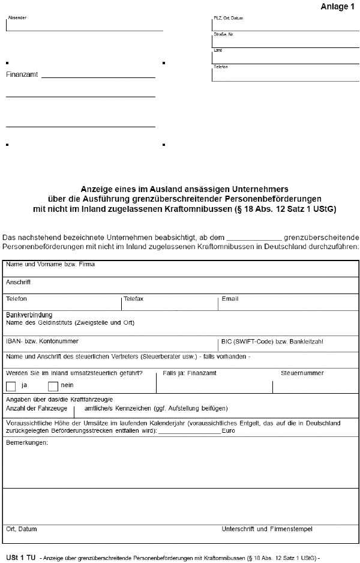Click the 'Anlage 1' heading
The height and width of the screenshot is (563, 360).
click(338, 6)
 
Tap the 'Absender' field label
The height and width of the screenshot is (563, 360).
click(17, 18)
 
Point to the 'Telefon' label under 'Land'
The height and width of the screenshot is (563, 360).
click(220, 67)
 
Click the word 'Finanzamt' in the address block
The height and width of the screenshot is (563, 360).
click(22, 75)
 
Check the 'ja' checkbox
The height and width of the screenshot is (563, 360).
click(11, 385)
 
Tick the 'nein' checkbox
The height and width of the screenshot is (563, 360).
click(53, 385)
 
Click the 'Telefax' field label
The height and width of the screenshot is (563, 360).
click(133, 299)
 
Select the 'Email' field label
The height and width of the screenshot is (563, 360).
click(230, 299)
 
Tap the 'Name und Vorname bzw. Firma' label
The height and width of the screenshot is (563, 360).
click(50, 264)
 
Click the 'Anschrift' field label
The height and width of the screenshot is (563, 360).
click(18, 281)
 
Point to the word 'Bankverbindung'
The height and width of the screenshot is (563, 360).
click(29, 315)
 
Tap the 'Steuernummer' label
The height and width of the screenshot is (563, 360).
click(302, 373)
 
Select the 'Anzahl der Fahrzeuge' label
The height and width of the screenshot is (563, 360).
click(37, 408)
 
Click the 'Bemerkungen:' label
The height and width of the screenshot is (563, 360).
click(27, 443)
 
